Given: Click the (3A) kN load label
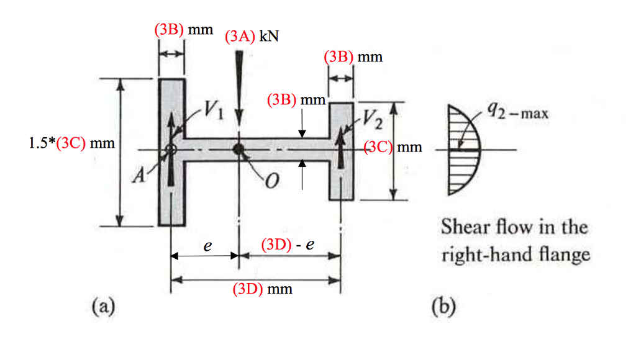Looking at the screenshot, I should click(x=252, y=36).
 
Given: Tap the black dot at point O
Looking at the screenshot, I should click(x=238, y=149).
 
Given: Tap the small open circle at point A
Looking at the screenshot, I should click(x=171, y=150).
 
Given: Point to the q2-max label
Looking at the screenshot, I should click(x=512, y=112).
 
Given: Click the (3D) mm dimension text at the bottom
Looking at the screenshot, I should click(x=261, y=289).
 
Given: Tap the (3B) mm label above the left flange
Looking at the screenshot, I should click(x=184, y=30).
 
